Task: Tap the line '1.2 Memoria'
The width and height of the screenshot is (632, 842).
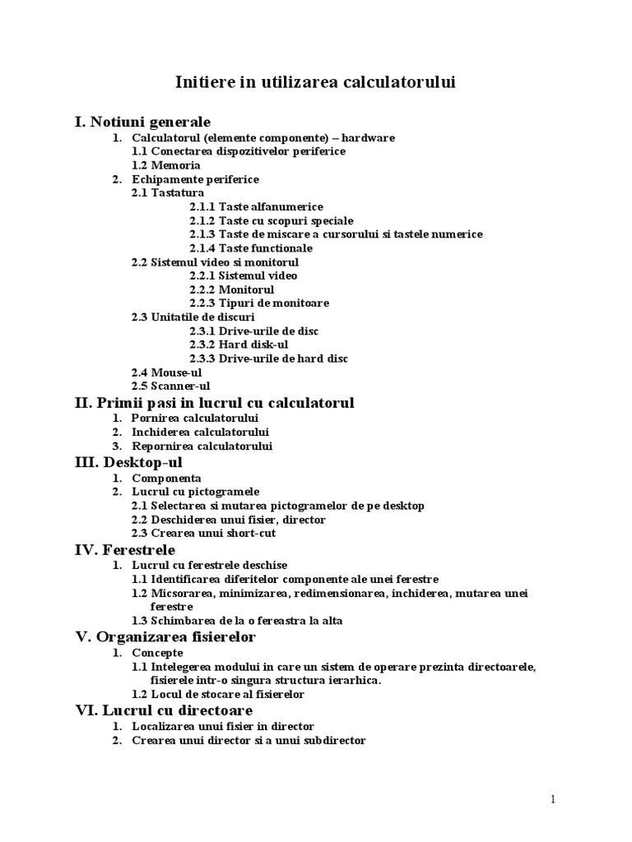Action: click(x=165, y=165)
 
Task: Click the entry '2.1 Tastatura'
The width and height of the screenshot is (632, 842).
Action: click(x=168, y=192)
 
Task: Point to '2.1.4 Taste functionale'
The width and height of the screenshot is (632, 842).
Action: click(x=250, y=248)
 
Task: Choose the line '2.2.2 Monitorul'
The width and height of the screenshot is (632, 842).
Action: click(x=231, y=289)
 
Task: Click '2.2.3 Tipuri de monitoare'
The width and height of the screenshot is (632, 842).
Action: click(x=247, y=303)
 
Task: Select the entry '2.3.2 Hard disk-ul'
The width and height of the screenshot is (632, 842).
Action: click(x=238, y=345)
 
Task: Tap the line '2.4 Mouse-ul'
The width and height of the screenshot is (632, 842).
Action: click(x=166, y=372)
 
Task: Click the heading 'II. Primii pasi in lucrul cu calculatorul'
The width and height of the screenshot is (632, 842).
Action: click(x=214, y=403)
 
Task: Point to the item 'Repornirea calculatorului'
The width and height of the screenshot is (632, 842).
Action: click(x=202, y=446)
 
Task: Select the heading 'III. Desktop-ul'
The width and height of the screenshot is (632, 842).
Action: click(x=128, y=462)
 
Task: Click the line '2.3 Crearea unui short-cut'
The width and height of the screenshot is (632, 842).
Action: click(x=203, y=533)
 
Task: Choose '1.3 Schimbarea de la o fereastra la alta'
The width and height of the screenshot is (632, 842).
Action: click(x=237, y=621)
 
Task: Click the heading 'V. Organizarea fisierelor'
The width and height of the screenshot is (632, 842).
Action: click(x=165, y=637)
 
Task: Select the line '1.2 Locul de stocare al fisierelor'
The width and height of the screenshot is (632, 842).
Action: click(x=218, y=694)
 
